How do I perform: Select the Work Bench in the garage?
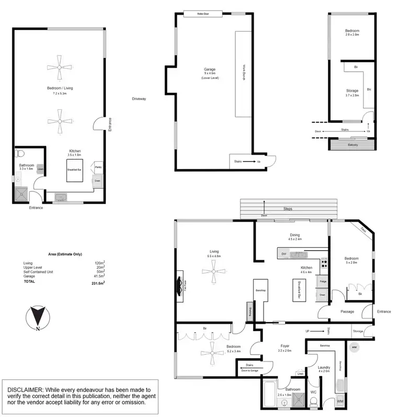[x=244, y=73]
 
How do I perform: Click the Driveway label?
[x=139, y=98]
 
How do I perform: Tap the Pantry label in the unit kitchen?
[x=97, y=166]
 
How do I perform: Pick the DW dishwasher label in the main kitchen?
[x=283, y=254]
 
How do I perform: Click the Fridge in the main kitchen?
[x=322, y=282]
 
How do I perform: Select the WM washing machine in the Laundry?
[x=340, y=401]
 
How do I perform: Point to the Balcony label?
[x=353, y=145]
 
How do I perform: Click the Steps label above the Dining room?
[x=288, y=209]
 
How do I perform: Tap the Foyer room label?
[x=285, y=346]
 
